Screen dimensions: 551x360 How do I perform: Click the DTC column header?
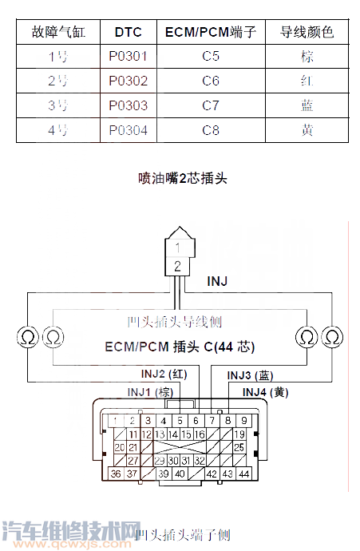(128, 33)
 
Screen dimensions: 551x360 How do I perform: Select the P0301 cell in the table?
(128, 57)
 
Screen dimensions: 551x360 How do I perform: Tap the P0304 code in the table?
(128, 131)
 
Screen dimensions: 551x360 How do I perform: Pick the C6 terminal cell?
(210, 82)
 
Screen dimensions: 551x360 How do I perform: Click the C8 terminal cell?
(210, 131)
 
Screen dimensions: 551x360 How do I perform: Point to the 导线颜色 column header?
(307, 33)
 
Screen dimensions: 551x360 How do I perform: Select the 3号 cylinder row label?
(58, 106)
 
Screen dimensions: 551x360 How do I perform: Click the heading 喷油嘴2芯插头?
(183, 178)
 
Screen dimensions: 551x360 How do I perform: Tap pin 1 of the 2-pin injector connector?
(177, 248)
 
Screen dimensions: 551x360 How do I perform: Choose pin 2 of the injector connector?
(177, 265)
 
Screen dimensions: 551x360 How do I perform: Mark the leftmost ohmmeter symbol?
(26, 336)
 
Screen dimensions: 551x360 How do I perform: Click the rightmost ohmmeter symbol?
(330, 336)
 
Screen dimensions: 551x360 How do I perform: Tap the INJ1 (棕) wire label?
(150, 391)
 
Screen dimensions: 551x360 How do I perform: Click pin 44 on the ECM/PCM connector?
(243, 474)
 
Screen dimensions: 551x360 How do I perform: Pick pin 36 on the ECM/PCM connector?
(117, 474)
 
